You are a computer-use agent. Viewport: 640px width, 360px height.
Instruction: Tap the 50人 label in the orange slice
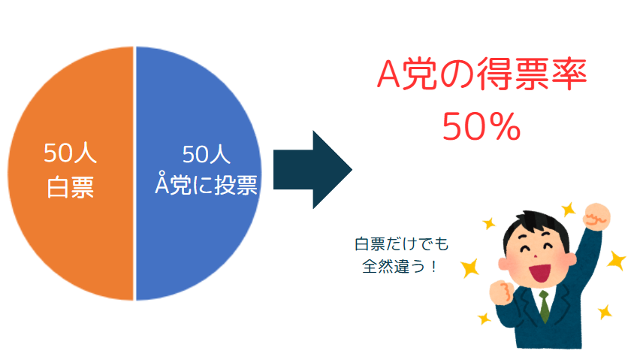pos(70,153)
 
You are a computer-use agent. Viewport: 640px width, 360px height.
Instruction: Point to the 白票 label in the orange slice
pos(70,188)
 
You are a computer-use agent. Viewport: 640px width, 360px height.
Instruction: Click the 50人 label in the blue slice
pos(206,155)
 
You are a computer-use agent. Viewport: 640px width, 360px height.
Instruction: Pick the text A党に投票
pos(206,183)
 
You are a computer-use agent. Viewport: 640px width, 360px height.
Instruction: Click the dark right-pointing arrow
pos(312,170)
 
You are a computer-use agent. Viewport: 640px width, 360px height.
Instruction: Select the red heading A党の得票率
pos(482,74)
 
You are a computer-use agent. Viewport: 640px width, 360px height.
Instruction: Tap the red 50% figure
pos(482,127)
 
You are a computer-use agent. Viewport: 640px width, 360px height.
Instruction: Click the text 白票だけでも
pos(402,244)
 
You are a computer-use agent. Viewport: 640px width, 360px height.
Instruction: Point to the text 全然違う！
pos(400,267)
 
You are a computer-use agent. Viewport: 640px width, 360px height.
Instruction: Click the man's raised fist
pos(596,216)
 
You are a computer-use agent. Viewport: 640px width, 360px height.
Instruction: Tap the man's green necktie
pos(545,306)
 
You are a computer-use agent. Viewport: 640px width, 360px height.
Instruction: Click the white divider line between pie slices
pos(134,174)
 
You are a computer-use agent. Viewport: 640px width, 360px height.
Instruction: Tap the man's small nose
pos(535,256)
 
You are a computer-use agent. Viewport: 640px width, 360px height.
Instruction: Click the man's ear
pos(504,264)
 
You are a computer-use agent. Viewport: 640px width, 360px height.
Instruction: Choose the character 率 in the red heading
pos(569,74)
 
